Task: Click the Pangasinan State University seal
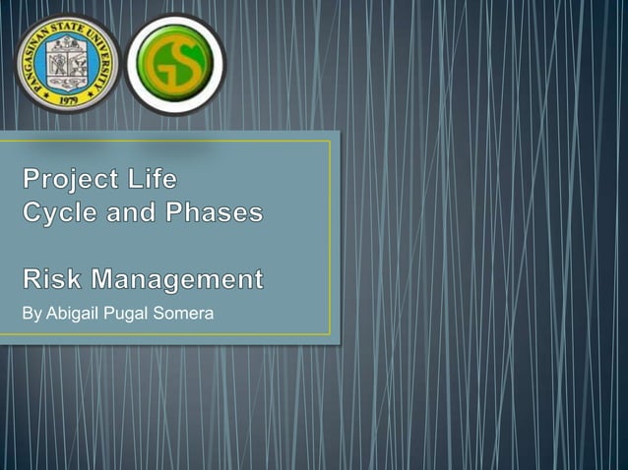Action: pyautogui.click(x=67, y=63)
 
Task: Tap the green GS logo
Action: pyautogui.click(x=175, y=64)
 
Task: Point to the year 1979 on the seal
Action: pyautogui.click(x=67, y=99)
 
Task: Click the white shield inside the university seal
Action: pyautogui.click(x=67, y=61)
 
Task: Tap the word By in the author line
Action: pyautogui.click(x=31, y=314)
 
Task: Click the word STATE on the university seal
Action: pyautogui.click(x=67, y=23)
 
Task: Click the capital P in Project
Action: pyautogui.click(x=32, y=180)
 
